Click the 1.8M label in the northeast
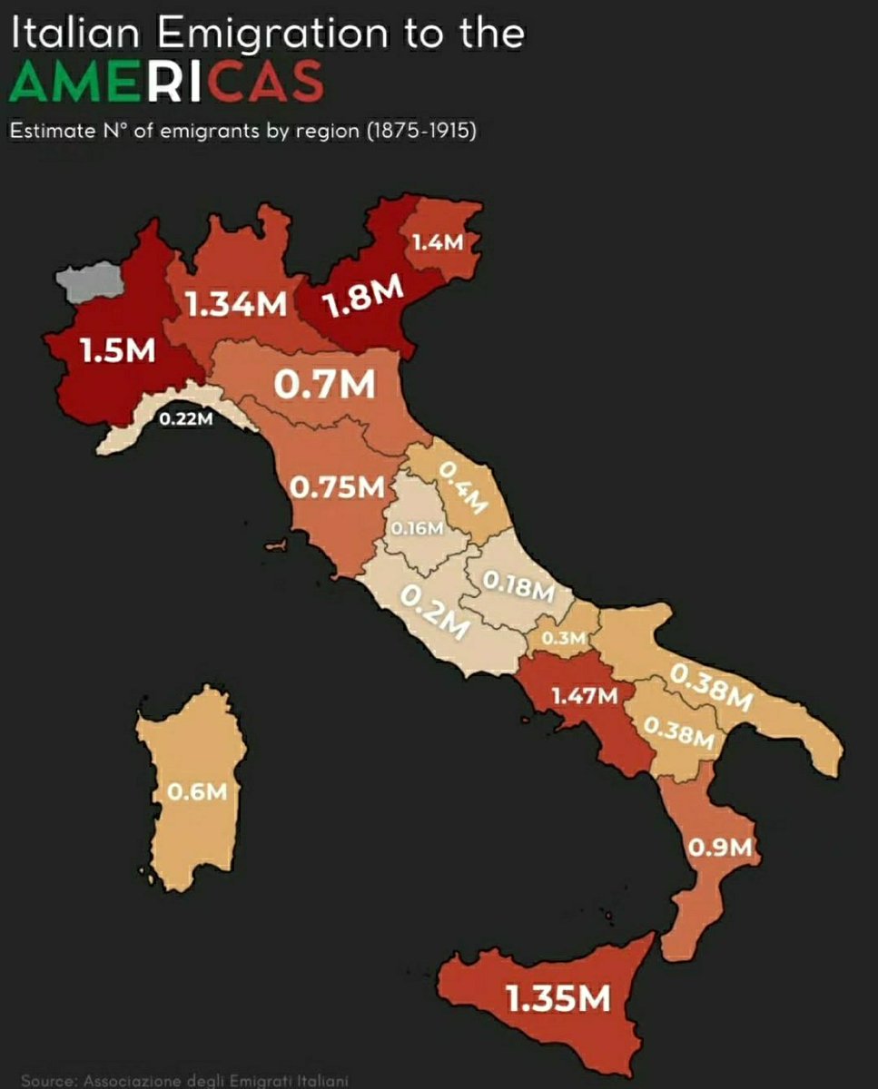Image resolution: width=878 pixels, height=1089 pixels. [x=363, y=299]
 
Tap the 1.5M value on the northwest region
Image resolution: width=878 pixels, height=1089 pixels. [x=117, y=351]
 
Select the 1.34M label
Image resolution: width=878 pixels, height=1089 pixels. [x=237, y=305]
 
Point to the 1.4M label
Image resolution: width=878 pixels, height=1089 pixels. [x=438, y=242]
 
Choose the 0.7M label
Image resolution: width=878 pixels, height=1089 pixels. [x=324, y=385]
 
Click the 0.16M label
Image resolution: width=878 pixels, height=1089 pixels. [x=417, y=527]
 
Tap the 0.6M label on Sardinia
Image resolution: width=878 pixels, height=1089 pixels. [x=196, y=791]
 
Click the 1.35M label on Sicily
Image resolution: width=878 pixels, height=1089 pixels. [x=557, y=999]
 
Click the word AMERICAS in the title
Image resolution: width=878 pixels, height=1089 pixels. [x=165, y=83]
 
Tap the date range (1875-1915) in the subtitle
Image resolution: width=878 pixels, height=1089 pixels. [x=421, y=131]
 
